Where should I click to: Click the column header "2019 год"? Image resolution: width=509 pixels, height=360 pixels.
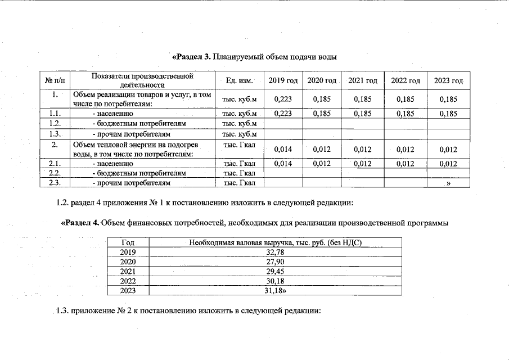(x=283, y=81)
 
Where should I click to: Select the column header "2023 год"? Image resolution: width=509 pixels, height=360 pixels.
(x=448, y=81)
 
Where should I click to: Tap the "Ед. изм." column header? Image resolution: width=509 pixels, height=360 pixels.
(x=239, y=81)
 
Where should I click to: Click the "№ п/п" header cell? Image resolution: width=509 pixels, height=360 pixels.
(x=54, y=81)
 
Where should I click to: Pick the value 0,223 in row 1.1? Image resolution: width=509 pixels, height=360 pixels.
(x=282, y=114)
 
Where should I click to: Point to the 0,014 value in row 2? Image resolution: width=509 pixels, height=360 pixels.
(x=282, y=149)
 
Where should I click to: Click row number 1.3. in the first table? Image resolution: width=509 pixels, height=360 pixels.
(x=55, y=134)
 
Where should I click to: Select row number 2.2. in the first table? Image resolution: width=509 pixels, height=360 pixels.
(x=55, y=173)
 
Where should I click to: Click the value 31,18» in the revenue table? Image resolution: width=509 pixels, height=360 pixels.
(x=276, y=291)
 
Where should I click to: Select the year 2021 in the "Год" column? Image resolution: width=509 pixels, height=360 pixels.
(x=128, y=272)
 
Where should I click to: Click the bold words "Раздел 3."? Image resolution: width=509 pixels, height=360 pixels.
(x=191, y=57)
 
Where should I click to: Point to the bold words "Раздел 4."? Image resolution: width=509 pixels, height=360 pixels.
(x=80, y=222)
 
